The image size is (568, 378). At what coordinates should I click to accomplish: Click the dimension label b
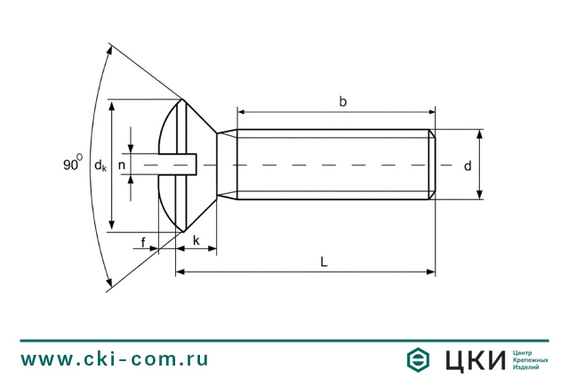[x=342, y=102]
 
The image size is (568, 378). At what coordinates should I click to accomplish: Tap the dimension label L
[x=324, y=261]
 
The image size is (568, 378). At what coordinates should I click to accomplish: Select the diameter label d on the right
[x=468, y=165]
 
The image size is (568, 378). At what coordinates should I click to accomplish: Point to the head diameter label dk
[x=100, y=165]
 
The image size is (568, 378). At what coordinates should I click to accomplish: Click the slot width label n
[x=122, y=165]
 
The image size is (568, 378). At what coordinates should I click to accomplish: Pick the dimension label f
[x=143, y=242]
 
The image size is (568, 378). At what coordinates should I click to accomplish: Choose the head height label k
[x=196, y=240]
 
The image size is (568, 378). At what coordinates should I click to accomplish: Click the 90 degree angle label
[x=73, y=163]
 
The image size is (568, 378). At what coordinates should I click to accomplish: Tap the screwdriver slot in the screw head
[x=178, y=165]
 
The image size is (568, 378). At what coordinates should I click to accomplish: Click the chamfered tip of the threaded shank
[x=432, y=165]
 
